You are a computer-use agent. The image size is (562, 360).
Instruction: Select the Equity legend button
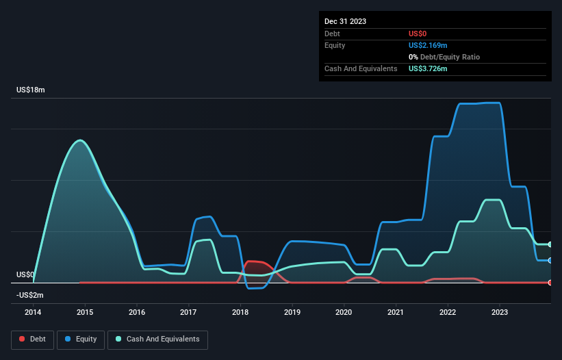[x=81, y=339]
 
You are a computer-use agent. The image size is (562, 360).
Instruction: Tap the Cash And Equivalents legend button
[x=157, y=339]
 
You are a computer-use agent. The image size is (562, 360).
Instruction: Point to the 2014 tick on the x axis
[x=33, y=313]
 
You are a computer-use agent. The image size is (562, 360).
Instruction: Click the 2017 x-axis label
[x=188, y=313]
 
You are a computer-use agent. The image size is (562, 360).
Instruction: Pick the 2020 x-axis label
[x=344, y=313]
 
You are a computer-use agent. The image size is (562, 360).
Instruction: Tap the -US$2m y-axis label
[x=30, y=295]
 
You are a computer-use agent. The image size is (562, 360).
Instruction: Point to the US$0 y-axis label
[x=25, y=274]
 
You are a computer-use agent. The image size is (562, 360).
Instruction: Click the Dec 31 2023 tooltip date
[x=346, y=21]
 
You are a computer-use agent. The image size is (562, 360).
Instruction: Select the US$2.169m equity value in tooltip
[x=429, y=45]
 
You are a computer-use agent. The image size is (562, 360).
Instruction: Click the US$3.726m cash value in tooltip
[x=429, y=68]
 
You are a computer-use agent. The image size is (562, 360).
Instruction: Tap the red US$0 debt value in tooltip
[x=418, y=34]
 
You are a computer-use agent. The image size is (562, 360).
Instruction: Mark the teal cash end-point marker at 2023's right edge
[x=550, y=244]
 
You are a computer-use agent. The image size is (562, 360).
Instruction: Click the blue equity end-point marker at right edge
[x=550, y=260]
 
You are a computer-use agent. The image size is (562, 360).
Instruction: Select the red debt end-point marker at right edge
[x=550, y=282]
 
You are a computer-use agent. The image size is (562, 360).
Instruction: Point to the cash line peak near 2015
[x=81, y=140]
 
